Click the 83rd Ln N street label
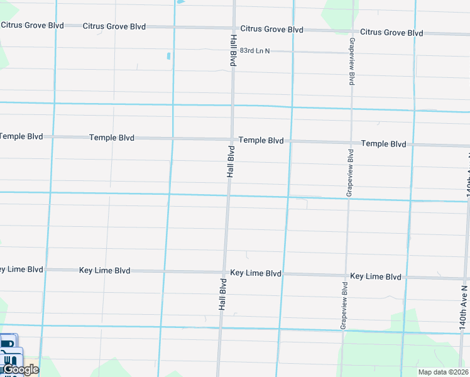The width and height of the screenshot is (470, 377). pyautogui.click(x=254, y=51)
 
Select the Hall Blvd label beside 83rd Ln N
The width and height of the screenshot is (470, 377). pyautogui.click(x=232, y=51)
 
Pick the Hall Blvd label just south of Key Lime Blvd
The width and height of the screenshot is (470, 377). pyautogui.click(x=222, y=295)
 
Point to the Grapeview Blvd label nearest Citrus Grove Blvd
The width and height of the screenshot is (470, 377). pyautogui.click(x=352, y=62)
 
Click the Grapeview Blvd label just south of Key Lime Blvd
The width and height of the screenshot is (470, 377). pyautogui.click(x=344, y=306)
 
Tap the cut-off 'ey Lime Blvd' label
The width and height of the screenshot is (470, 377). pyautogui.click(x=21, y=270)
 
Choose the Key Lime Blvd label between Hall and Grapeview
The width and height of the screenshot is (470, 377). pyautogui.click(x=256, y=273)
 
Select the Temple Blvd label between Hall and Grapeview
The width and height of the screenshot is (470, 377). pyautogui.click(x=261, y=141)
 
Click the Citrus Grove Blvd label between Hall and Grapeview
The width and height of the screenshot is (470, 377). pyautogui.click(x=271, y=30)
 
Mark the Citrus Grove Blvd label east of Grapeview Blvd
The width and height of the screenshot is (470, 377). pyautogui.click(x=391, y=33)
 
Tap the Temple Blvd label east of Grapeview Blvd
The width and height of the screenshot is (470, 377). pyautogui.click(x=383, y=144)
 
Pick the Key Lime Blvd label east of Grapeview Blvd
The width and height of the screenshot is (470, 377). pyautogui.click(x=375, y=276)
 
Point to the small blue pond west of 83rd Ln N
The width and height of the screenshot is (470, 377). pyautogui.click(x=169, y=57)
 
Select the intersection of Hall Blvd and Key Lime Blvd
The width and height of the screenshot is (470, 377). pyautogui.click(x=224, y=273)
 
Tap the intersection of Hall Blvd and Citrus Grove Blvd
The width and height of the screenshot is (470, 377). pyautogui.click(x=234, y=28)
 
